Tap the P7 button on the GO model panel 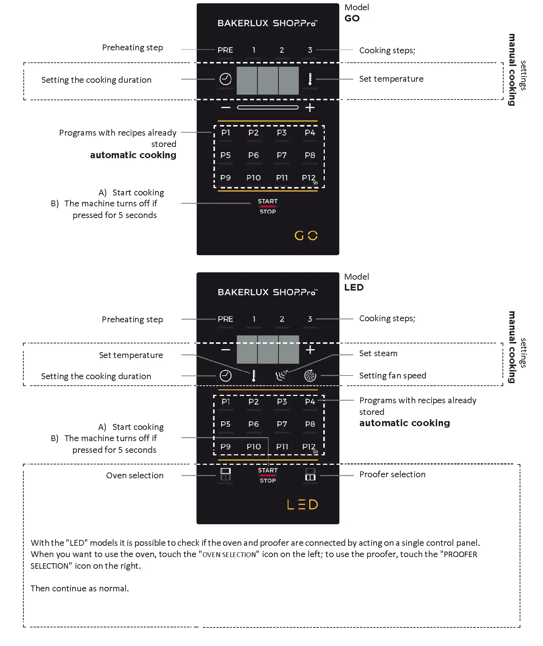point(281,155)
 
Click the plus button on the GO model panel point(310,108)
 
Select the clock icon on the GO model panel point(226,79)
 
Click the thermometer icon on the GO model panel point(310,79)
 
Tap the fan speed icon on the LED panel point(310,376)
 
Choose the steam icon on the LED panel point(281,376)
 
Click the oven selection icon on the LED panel point(226,474)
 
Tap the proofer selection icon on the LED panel point(310,474)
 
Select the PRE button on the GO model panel point(225,50)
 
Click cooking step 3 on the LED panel point(310,319)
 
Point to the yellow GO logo point(306,236)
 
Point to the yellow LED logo point(303,505)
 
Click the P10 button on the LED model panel point(254,447)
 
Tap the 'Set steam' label point(378,353)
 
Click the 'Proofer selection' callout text point(392,474)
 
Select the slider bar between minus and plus point(267,108)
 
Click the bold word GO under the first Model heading point(352,18)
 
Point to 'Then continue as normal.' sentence point(80,588)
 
